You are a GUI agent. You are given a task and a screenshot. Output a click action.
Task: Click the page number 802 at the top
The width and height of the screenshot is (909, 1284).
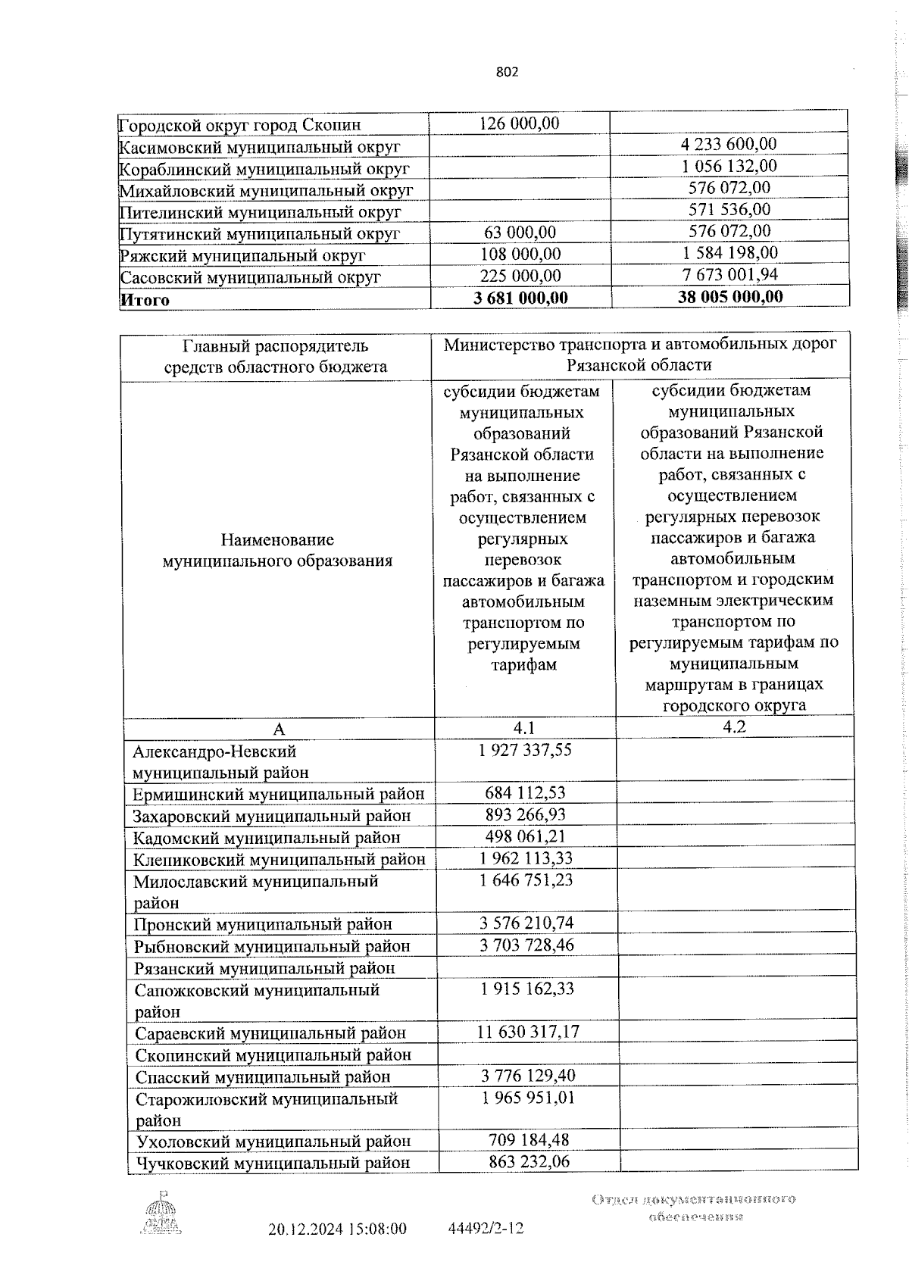(508, 72)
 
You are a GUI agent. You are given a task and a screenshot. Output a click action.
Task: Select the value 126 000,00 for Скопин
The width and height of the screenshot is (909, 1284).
(520, 123)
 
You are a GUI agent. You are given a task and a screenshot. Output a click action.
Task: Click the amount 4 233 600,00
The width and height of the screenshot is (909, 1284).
(729, 144)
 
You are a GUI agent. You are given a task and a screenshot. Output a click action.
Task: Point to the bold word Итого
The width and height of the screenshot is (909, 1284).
(145, 300)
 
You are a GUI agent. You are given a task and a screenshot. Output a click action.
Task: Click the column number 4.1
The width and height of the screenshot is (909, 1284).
(524, 728)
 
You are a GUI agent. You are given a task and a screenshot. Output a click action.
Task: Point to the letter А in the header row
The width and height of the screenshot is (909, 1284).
(279, 729)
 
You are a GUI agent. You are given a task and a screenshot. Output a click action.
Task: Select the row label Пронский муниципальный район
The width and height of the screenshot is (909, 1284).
(263, 924)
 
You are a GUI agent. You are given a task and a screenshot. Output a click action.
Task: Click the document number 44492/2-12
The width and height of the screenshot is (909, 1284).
(486, 1229)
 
